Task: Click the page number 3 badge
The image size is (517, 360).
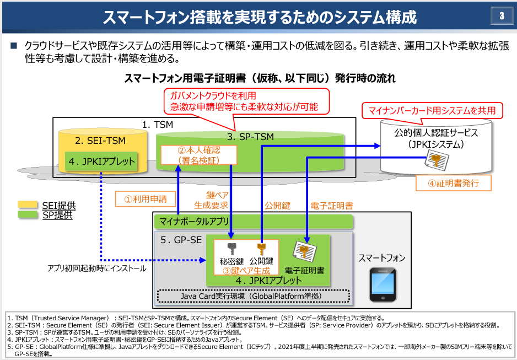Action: [502, 15]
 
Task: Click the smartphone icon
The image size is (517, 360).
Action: [383, 284]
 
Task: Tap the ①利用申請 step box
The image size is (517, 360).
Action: [146, 199]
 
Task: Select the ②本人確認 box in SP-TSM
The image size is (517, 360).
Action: [199, 155]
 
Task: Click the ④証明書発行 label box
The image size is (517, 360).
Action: [454, 183]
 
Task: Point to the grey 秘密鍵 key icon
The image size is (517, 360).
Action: [231, 249]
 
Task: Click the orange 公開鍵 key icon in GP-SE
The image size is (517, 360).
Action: [261, 249]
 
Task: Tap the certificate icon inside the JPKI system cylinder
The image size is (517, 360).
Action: [437, 159]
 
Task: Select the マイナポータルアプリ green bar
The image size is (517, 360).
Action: [253, 222]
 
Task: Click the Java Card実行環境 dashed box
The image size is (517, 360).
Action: [253, 296]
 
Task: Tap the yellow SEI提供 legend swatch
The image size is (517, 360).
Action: [28, 205]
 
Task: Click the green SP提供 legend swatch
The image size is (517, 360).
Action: [28, 214]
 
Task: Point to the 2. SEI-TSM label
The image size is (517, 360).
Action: [100, 141]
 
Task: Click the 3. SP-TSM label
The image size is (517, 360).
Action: [251, 137]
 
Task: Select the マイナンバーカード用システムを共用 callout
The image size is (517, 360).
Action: [432, 110]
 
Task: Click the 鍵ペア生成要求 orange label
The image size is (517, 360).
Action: [211, 200]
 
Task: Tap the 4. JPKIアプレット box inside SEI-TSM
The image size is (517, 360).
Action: [101, 161]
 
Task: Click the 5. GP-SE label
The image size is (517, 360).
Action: [181, 240]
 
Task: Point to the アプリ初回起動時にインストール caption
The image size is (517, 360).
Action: [97, 268]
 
